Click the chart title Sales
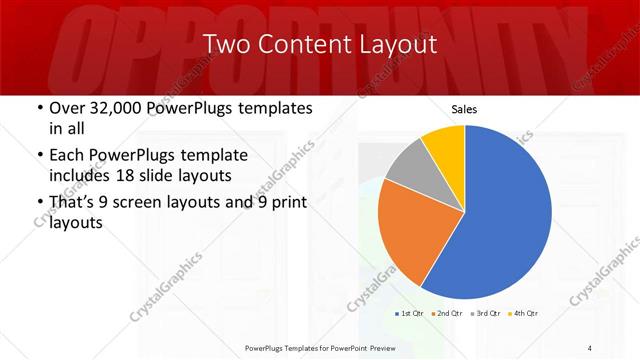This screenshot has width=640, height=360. pos(464,108)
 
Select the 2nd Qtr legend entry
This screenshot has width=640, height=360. pos(446,314)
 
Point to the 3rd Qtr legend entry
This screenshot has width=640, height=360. pos(485,314)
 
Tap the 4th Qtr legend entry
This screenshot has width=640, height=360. pos(524,314)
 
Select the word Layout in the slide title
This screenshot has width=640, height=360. pos(400,44)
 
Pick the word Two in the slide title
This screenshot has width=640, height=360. pos(227,44)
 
